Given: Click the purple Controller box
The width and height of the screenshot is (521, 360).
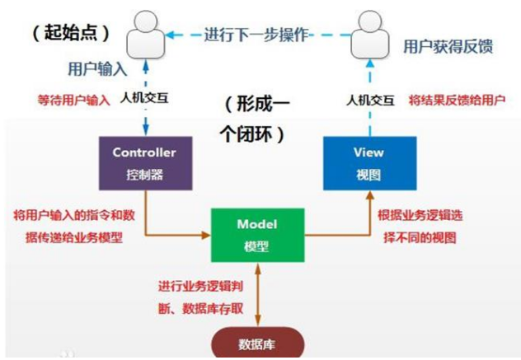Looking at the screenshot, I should [145, 161].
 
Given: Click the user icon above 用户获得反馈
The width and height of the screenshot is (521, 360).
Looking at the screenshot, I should [364, 31].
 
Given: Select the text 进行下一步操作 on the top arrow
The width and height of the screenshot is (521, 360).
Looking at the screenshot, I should [256, 34].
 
